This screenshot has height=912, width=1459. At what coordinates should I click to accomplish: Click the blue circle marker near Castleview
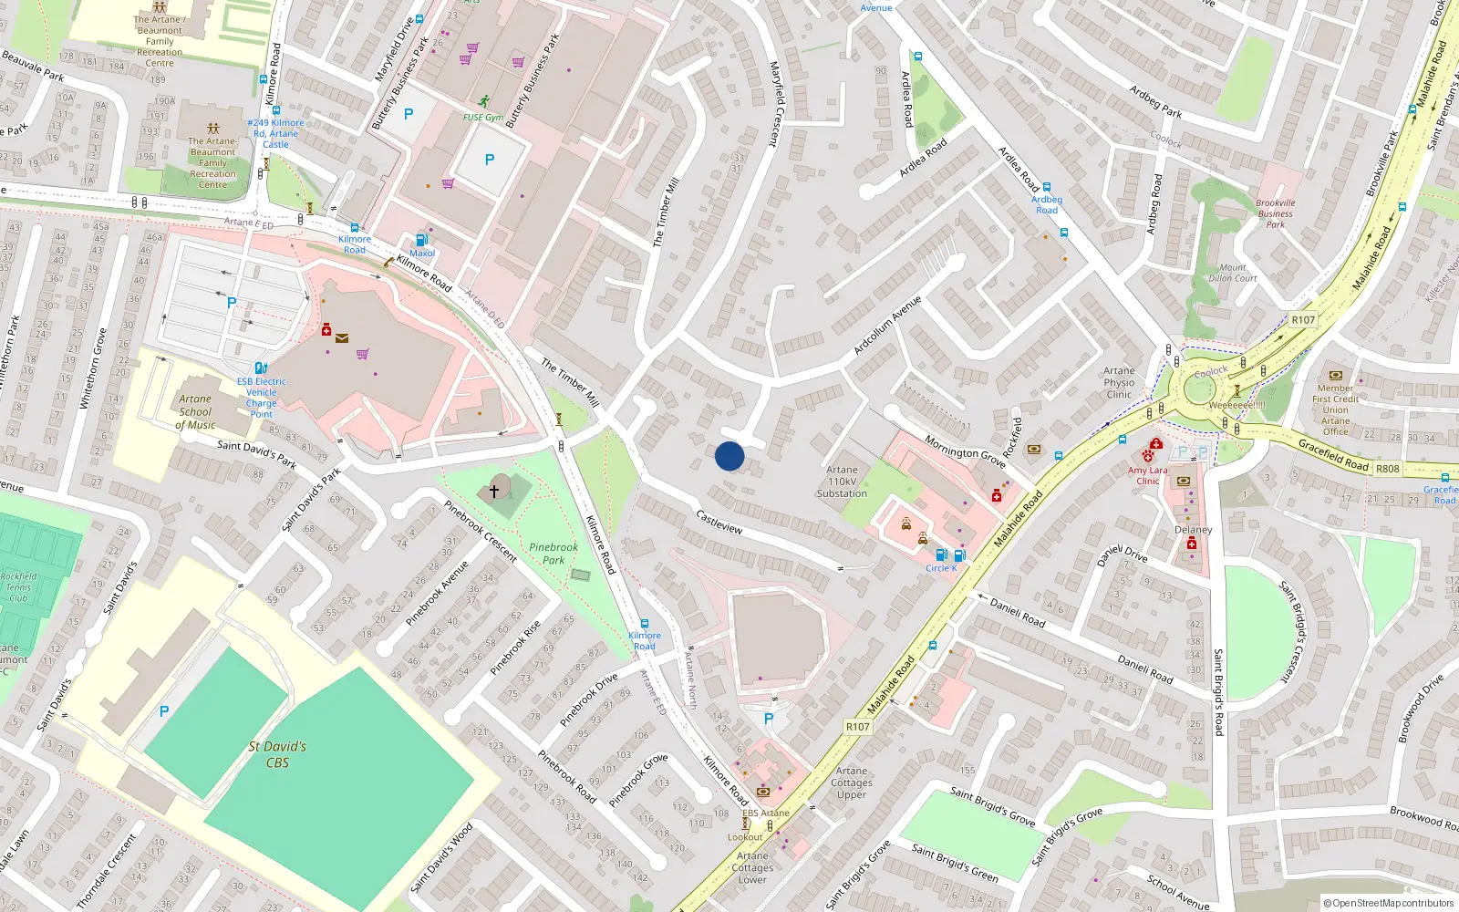point(729,456)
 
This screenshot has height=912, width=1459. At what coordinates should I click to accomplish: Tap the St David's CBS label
point(277,754)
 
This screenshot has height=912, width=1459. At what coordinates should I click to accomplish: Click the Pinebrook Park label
point(554,554)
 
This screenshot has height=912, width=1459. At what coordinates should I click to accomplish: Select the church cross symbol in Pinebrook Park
point(494,491)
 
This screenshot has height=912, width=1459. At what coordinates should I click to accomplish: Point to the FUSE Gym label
point(482,118)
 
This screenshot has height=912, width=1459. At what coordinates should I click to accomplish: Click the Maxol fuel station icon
point(422,240)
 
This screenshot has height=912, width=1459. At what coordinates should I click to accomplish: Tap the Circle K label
point(941,568)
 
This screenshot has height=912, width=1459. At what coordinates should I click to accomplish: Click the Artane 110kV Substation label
point(842,482)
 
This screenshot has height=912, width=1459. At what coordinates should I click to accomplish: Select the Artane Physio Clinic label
point(1119,382)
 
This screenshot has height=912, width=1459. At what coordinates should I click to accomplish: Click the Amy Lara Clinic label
point(1147,476)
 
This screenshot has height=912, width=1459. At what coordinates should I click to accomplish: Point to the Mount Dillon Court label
point(1232,273)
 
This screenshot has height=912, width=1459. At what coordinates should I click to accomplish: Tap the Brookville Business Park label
point(1275,213)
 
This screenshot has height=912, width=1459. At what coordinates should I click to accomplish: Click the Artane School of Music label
point(195,411)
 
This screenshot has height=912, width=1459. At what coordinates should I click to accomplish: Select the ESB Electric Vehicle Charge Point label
point(262,398)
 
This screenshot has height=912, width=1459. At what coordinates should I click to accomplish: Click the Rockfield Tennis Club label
point(18,586)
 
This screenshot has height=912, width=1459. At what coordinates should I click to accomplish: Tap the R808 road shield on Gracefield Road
point(1387,469)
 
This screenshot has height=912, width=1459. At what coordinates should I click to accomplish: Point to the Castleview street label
point(719,522)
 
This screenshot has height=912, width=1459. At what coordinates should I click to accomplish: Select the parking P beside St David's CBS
point(164,711)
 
